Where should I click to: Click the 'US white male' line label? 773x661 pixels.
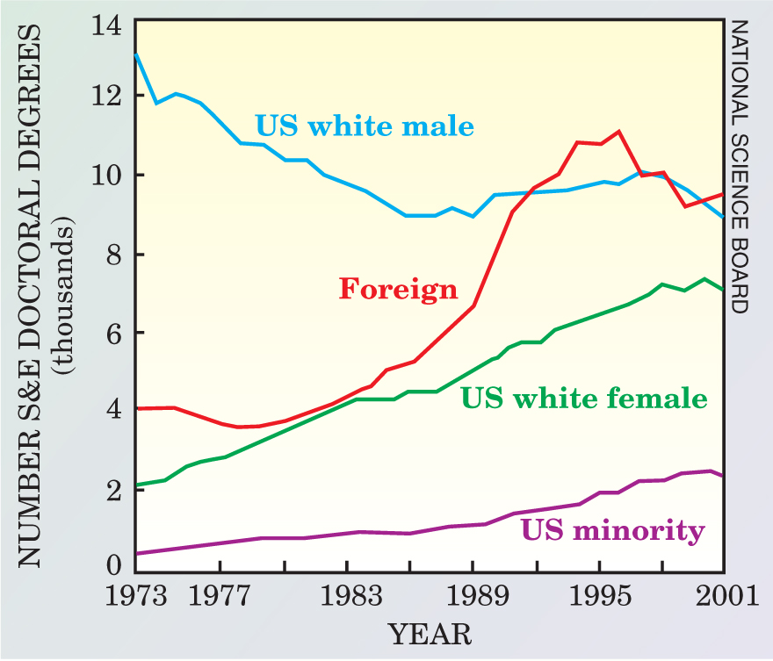click(x=365, y=126)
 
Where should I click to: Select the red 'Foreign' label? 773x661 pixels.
click(x=399, y=289)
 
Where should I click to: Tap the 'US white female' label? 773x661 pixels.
click(x=584, y=399)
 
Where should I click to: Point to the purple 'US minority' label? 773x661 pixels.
click(x=612, y=530)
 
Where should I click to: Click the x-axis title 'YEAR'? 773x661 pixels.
click(x=430, y=634)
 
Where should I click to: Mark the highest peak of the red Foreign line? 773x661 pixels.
click(x=619, y=132)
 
